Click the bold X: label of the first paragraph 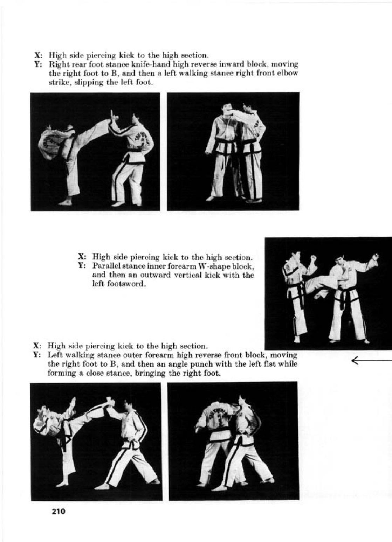(39, 55)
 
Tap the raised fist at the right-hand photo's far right (375, 257)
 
